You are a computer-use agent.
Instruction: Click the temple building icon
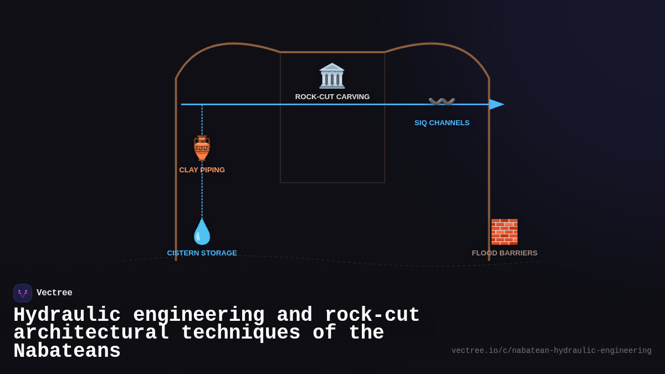tap(332, 76)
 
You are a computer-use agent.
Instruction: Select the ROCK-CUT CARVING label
tap(332, 97)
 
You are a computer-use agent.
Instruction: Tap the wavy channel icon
tap(442, 102)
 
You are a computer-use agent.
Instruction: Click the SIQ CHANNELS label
tap(442, 123)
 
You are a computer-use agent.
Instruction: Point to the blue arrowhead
tap(497, 104)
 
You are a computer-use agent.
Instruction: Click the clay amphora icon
tap(202, 148)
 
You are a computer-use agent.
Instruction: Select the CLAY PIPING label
tap(202, 170)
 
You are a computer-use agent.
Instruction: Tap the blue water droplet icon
tap(202, 232)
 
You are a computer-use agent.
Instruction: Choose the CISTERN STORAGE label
tap(202, 253)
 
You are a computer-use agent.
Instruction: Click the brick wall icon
tap(504, 232)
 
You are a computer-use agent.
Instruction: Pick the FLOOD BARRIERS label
tap(504, 253)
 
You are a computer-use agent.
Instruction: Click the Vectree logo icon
tap(23, 293)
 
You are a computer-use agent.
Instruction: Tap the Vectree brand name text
tap(54, 293)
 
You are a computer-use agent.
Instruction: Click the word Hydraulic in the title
tap(66, 315)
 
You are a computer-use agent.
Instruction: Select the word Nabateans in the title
tap(66, 351)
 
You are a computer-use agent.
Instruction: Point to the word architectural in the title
tap(91, 333)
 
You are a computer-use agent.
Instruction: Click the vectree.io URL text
tap(551, 351)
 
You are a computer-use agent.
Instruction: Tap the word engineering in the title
tap(198, 315)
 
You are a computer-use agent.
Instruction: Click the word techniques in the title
tap(241, 333)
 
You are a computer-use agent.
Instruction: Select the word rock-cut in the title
tap(372, 315)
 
